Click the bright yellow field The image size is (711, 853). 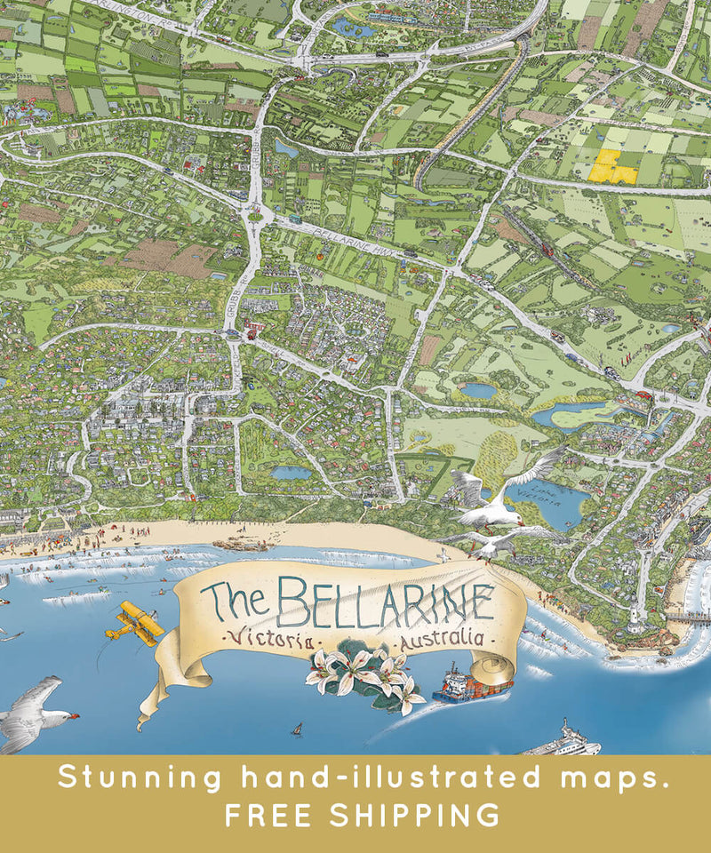(x=614, y=166)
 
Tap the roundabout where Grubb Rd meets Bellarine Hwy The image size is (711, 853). (x=256, y=213)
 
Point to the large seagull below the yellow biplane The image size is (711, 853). (x=36, y=711)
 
